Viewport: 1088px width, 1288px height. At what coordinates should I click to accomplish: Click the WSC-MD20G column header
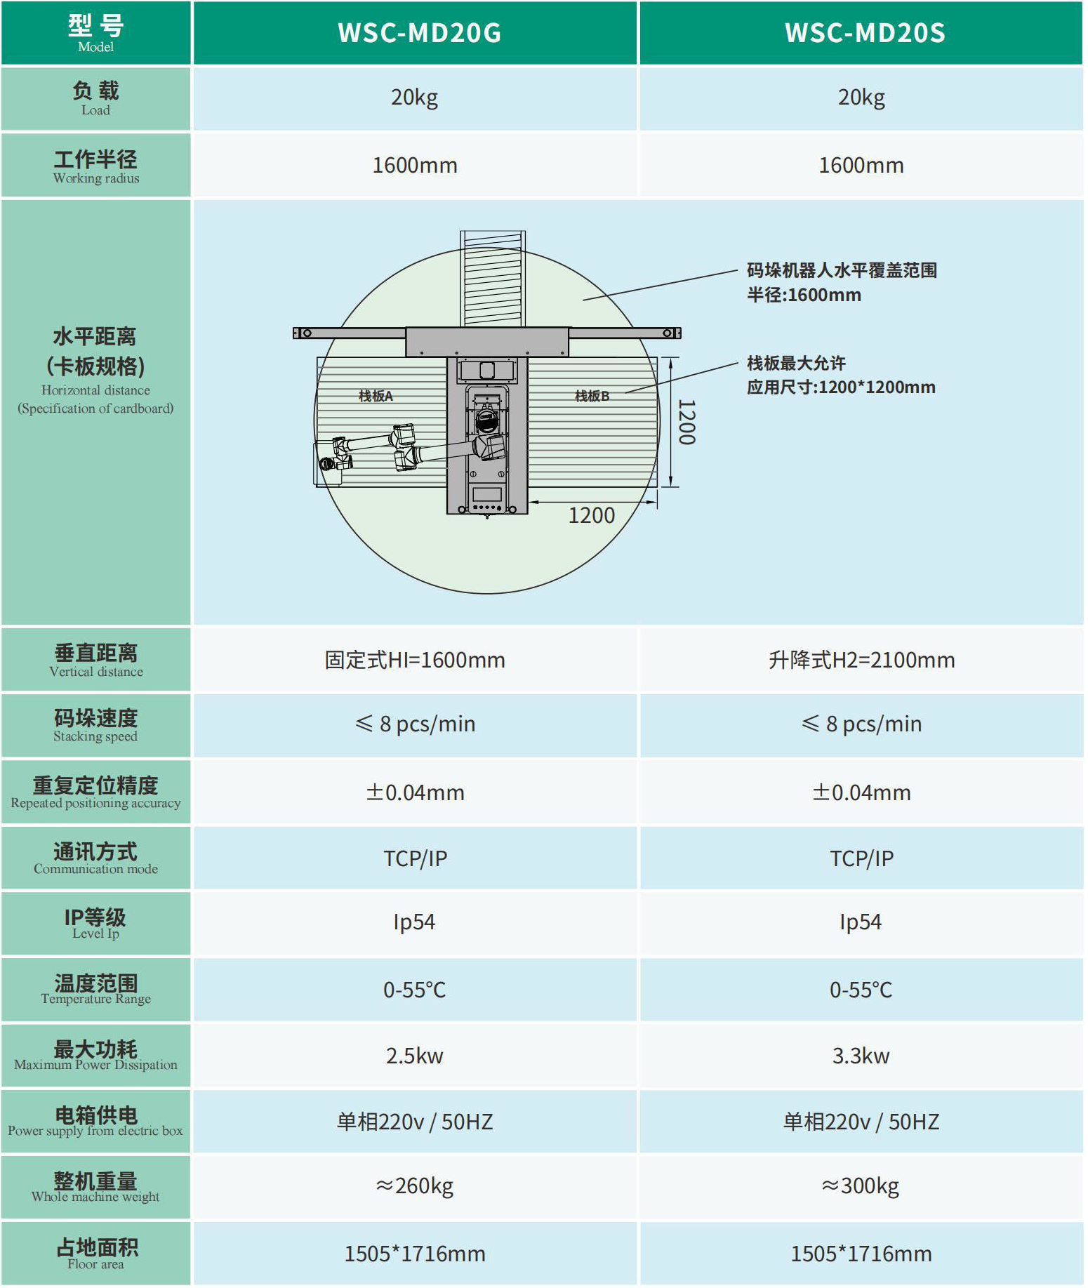point(419,33)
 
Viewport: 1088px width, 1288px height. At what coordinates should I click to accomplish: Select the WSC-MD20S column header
point(865,33)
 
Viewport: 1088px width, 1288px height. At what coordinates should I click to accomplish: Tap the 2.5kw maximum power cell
point(415,1056)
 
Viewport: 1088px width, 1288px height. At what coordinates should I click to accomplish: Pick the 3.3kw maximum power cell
point(861,1056)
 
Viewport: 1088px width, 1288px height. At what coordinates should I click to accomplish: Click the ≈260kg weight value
point(415,1186)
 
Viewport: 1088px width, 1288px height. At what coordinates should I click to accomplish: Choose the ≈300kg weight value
point(861,1186)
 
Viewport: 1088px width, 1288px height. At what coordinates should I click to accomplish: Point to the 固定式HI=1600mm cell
point(415,660)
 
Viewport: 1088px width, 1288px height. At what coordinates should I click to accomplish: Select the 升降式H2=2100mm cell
point(861,660)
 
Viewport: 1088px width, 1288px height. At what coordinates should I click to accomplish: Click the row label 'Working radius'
point(96,178)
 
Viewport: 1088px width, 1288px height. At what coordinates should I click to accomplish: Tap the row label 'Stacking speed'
point(95,736)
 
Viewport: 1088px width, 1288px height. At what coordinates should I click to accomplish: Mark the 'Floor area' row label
point(95,1264)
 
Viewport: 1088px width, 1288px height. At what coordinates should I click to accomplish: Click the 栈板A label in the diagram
point(376,396)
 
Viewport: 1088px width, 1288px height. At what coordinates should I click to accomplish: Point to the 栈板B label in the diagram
point(592,396)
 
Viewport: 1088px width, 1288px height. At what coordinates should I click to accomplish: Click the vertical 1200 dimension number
point(687,422)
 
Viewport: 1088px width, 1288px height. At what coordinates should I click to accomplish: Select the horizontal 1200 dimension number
point(592,516)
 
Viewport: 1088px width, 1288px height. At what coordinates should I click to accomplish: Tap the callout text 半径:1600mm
point(804,295)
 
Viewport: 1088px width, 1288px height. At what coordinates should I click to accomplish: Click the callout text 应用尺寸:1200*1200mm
point(841,387)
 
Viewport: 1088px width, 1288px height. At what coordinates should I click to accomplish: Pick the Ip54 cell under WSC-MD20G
point(414,922)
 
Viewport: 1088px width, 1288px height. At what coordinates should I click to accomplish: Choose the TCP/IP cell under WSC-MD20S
point(861,858)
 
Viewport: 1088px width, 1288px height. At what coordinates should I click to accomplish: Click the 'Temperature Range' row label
point(96,999)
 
